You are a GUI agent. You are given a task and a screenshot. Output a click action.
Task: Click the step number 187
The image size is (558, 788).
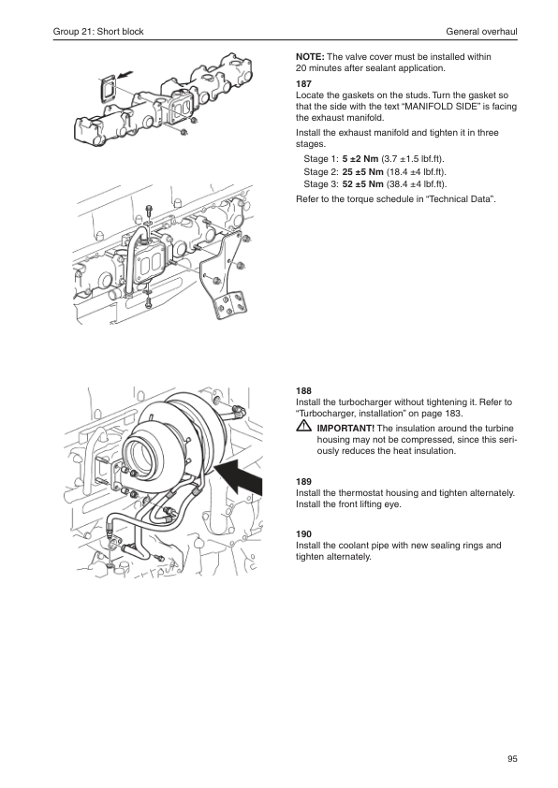pyautogui.click(x=303, y=84)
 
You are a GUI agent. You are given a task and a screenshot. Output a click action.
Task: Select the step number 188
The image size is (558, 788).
pyautogui.click(x=303, y=391)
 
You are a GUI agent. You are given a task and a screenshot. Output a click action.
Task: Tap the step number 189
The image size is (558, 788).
pyautogui.click(x=303, y=481)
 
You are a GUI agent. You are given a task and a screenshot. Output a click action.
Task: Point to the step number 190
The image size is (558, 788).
pyautogui.click(x=303, y=534)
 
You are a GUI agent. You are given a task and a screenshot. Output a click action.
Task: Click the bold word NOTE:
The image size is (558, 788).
pyautogui.click(x=310, y=57)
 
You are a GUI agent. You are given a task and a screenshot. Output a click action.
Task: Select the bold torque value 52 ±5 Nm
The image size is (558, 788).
pyautogui.click(x=363, y=184)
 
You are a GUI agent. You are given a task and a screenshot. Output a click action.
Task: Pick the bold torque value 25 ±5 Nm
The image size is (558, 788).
pyautogui.click(x=363, y=172)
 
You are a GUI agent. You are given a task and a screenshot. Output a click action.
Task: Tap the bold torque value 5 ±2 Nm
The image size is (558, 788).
pyautogui.click(x=360, y=159)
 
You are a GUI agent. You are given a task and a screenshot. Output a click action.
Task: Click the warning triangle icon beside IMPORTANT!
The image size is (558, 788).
pyautogui.click(x=303, y=428)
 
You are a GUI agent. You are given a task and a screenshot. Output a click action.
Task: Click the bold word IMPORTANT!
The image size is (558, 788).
pyautogui.click(x=345, y=429)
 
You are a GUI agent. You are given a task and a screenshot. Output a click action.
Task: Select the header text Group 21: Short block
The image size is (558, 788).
pyautogui.click(x=98, y=32)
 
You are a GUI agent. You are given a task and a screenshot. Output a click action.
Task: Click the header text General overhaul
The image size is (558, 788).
pyautogui.click(x=481, y=32)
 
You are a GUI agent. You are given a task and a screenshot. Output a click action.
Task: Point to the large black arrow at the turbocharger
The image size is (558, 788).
pyautogui.click(x=240, y=477)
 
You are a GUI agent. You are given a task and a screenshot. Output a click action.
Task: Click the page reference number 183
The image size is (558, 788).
pyautogui.click(x=453, y=414)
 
